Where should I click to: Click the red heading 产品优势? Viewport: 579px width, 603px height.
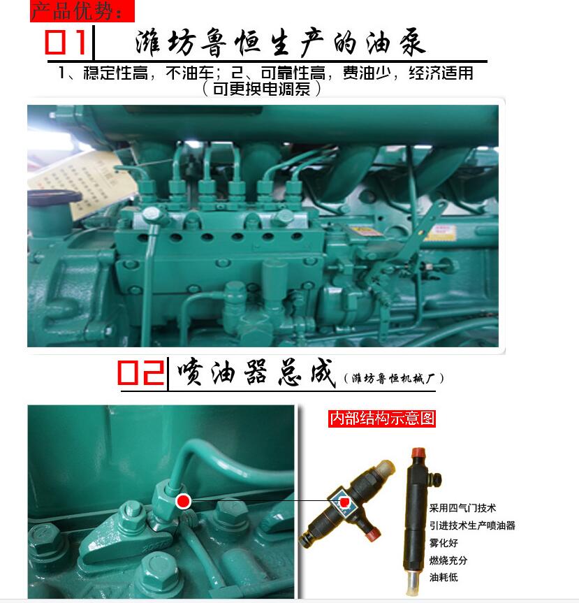[76, 11]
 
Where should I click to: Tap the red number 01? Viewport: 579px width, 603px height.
[66, 42]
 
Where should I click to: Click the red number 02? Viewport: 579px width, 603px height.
[141, 372]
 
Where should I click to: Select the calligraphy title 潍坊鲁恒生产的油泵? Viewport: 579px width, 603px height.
[280, 43]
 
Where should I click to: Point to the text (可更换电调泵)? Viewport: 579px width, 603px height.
[261, 89]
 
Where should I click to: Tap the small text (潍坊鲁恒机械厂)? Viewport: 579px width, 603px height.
[394, 379]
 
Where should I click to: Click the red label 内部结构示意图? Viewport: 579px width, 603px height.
[382, 419]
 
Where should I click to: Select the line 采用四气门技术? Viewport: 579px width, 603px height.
[462, 508]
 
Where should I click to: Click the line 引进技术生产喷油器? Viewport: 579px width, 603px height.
[472, 525]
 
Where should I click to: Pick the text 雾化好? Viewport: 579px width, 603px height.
[444, 543]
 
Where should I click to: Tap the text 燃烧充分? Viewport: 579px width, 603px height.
[448, 560]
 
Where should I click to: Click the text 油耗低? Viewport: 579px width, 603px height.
[444, 577]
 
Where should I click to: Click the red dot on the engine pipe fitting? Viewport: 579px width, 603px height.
[184, 502]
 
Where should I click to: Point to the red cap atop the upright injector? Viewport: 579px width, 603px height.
[418, 453]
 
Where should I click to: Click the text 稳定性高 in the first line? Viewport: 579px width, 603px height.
[116, 73]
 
